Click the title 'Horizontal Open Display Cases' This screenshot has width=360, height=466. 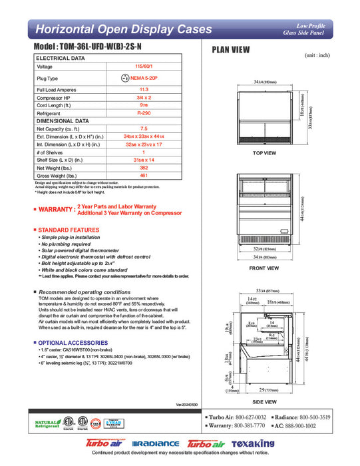123,29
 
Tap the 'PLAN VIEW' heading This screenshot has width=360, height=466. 230,49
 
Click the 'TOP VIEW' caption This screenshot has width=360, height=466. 264,153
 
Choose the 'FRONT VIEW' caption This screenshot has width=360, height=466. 264,268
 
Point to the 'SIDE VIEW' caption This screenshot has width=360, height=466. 264,402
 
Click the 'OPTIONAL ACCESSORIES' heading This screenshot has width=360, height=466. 72,342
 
